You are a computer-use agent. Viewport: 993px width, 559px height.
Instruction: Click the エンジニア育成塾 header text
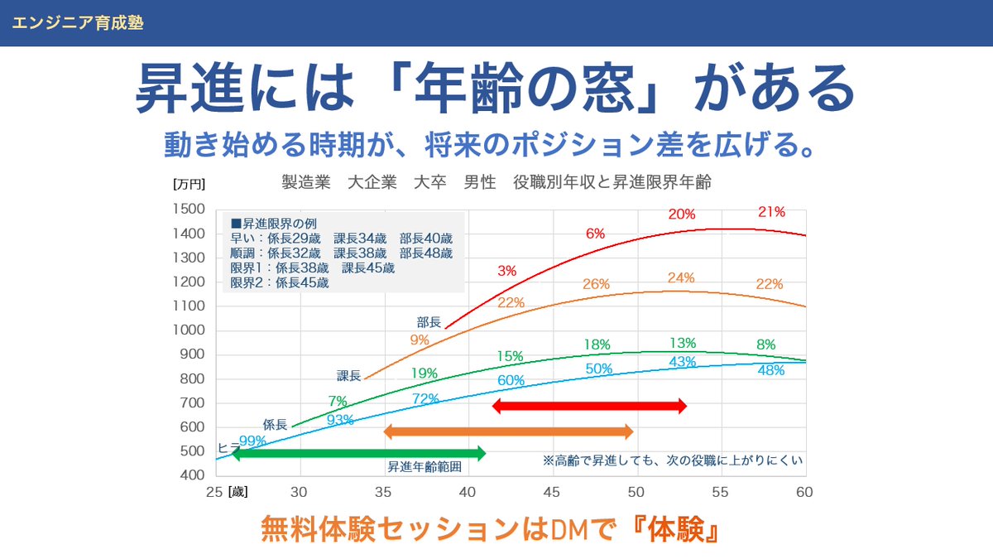pyautogui.click(x=78, y=23)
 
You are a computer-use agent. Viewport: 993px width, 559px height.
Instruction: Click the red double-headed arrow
pyautogui.click(x=589, y=406)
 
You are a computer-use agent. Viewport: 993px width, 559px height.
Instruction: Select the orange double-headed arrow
pyautogui.click(x=508, y=431)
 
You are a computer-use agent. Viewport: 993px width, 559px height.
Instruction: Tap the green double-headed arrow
pyautogui.click(x=358, y=453)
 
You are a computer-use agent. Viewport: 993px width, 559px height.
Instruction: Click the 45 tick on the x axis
pyautogui.click(x=552, y=491)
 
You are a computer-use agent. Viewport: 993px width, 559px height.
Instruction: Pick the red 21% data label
pyautogui.click(x=770, y=212)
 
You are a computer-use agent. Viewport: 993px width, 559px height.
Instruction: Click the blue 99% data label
pyautogui.click(x=252, y=441)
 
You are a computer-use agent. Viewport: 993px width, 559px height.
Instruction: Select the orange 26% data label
pyautogui.click(x=596, y=284)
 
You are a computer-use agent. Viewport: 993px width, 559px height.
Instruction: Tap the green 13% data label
pyautogui.click(x=682, y=343)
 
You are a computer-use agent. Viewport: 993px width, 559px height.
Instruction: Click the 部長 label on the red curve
pyautogui.click(x=429, y=321)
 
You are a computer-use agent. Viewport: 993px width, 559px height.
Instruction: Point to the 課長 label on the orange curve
pyautogui.click(x=348, y=376)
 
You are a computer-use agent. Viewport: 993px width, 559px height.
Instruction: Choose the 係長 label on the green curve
pyautogui.click(x=275, y=424)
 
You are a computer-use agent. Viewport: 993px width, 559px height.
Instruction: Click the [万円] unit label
pyautogui.click(x=189, y=184)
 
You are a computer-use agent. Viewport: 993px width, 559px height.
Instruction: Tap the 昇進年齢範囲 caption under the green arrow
pyautogui.click(x=424, y=466)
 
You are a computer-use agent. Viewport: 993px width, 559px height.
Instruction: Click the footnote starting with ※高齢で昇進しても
pyautogui.click(x=673, y=460)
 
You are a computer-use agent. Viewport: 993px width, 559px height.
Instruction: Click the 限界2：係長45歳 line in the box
pyautogui.click(x=279, y=282)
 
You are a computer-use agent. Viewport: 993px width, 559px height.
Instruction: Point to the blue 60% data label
pyautogui.click(x=511, y=380)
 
